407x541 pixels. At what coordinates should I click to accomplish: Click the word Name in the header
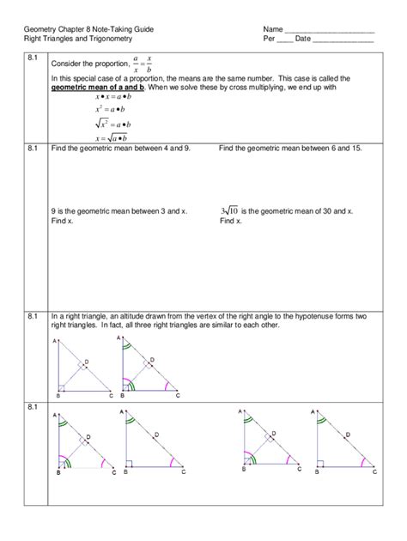click(x=273, y=29)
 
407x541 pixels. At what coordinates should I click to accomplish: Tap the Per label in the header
click(x=269, y=40)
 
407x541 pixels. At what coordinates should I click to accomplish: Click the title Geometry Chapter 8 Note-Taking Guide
click(x=89, y=29)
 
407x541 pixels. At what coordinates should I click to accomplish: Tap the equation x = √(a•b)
click(x=112, y=137)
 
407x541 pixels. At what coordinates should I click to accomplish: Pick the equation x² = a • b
click(x=112, y=110)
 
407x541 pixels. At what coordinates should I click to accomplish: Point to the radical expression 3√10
click(x=228, y=210)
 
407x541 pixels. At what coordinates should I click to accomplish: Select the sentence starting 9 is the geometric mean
click(x=119, y=210)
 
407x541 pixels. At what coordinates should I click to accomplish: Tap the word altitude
click(x=124, y=317)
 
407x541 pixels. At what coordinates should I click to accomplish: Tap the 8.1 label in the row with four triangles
click(x=33, y=405)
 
